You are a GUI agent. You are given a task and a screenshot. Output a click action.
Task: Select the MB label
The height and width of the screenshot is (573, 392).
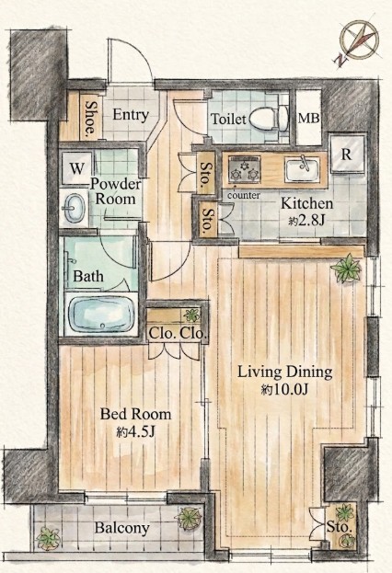(x=308, y=119)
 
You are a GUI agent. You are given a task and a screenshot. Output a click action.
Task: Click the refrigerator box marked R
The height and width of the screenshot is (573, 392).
(x=348, y=154)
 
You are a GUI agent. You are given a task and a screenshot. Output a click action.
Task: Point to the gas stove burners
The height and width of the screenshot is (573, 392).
(x=244, y=170)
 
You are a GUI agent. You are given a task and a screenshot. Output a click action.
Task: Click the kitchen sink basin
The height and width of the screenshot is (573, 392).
(x=302, y=169)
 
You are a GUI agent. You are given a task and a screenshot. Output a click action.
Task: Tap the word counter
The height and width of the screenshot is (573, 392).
(x=244, y=196)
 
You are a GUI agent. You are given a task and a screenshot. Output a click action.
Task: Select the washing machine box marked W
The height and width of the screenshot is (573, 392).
(x=76, y=168)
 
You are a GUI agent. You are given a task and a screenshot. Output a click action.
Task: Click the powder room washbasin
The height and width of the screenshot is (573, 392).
(x=75, y=208)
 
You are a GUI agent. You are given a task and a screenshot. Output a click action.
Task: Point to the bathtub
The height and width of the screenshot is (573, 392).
(x=101, y=314)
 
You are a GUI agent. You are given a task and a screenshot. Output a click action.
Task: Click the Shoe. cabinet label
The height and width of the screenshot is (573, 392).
(x=90, y=118)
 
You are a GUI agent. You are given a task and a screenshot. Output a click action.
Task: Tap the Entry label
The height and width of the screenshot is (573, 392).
(x=131, y=115)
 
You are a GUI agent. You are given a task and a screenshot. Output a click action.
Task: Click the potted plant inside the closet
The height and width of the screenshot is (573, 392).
(x=191, y=315)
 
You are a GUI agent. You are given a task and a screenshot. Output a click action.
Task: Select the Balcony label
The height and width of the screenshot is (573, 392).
(x=122, y=528)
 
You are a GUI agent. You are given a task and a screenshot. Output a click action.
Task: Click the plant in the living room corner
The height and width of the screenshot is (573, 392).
(x=346, y=269)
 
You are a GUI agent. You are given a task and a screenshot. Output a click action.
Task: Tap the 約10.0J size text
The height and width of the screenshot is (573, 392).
(x=284, y=390)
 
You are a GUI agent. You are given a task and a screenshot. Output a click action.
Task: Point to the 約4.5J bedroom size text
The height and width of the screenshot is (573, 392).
(x=136, y=432)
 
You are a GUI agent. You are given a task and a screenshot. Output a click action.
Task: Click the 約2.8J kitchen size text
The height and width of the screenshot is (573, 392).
(x=306, y=221)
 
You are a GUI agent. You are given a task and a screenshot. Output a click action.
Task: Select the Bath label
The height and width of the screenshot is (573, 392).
(x=88, y=276)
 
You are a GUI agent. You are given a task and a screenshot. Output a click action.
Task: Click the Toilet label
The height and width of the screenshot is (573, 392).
(x=229, y=119)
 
